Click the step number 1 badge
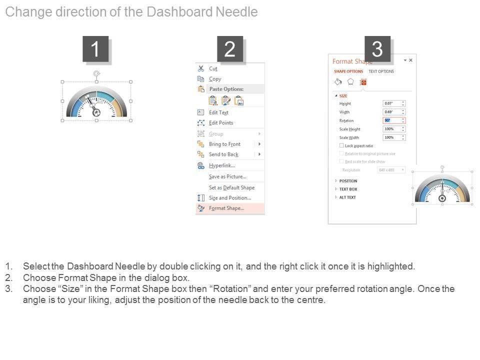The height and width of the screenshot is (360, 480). [x=95, y=49]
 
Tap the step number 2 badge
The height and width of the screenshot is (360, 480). [x=230, y=49]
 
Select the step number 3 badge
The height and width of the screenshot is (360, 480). [x=377, y=49]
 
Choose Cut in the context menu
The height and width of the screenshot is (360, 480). [x=213, y=68]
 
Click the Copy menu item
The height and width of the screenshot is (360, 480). [x=215, y=79]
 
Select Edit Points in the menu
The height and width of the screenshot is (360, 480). [x=221, y=123]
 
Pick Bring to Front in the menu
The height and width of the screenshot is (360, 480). [x=224, y=144]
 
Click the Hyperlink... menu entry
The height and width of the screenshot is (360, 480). [x=221, y=165]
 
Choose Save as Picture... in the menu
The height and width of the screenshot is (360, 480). [x=227, y=176]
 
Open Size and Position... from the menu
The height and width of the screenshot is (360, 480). [x=230, y=198]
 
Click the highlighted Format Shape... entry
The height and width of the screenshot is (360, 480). [x=226, y=208]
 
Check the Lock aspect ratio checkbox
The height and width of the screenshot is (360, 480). [x=342, y=145]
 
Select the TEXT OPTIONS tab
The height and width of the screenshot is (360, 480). [x=381, y=71]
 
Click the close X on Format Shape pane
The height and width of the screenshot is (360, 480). [x=411, y=60]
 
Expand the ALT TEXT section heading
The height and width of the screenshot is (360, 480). [x=347, y=197]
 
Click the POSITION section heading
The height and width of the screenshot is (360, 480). [x=348, y=181]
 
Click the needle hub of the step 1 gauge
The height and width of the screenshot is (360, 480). [x=97, y=113]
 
